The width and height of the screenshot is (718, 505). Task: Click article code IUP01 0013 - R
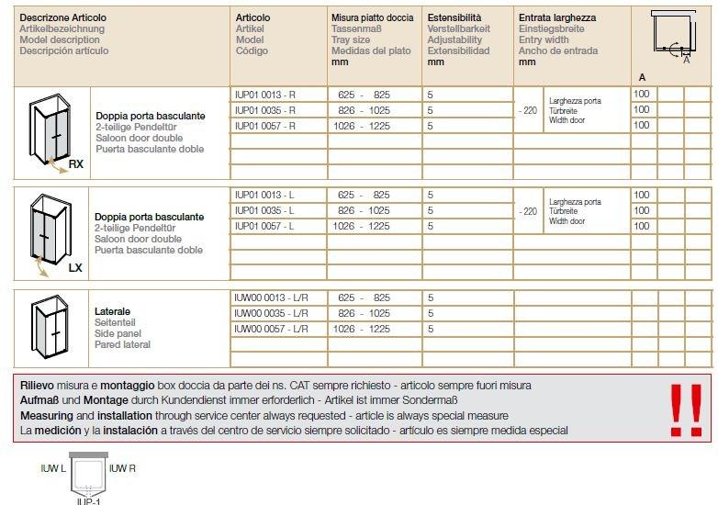(x=265, y=95)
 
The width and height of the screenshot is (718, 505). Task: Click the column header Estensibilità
(x=454, y=17)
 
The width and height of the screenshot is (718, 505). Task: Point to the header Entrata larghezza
(x=556, y=17)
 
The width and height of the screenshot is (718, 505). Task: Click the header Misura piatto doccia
(x=372, y=17)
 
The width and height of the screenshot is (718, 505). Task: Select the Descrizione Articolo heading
(x=62, y=17)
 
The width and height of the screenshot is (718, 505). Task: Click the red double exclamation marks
(x=685, y=410)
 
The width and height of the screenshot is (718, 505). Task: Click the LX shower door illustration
(x=50, y=234)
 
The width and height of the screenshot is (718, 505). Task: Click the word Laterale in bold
(x=112, y=312)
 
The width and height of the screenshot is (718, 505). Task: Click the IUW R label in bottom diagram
(x=122, y=468)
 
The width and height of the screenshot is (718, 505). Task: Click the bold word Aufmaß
(x=40, y=400)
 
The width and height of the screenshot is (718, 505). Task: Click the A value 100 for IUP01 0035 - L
(x=642, y=210)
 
